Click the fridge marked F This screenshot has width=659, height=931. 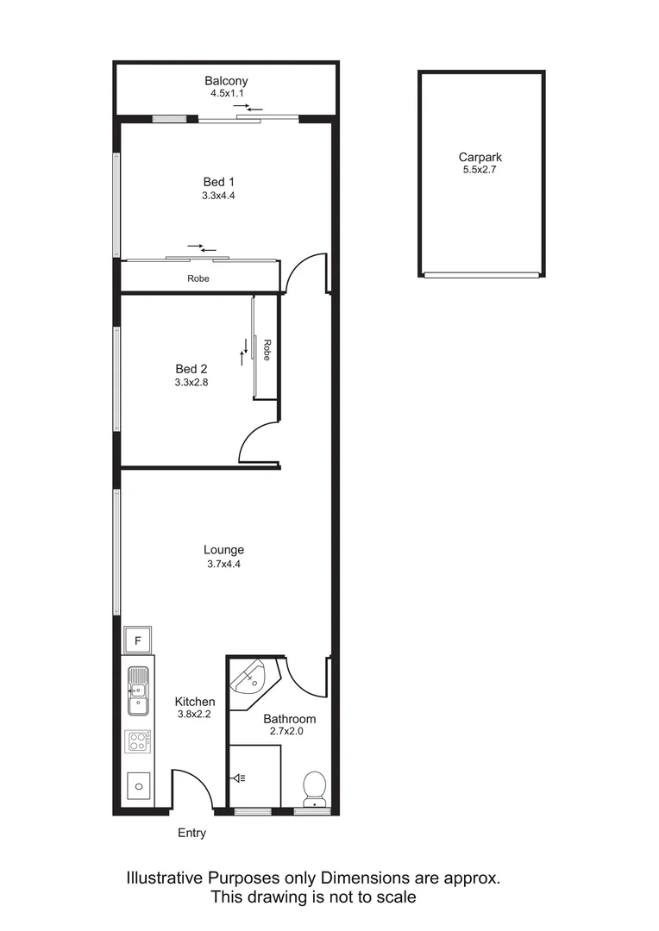pos(138,640)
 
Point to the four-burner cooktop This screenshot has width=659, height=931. pos(138,741)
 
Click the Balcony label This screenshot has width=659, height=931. pos(226,81)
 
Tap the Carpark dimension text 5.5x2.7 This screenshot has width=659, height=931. pos(480,171)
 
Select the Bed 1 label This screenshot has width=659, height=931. pos(218,182)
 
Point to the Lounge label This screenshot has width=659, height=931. pos(223,549)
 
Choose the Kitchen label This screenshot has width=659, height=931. pos(195,702)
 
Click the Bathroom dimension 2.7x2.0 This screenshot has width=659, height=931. pos(289,731)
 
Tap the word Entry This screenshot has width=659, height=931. pos(191,833)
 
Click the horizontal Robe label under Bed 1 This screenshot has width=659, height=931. pos(198,278)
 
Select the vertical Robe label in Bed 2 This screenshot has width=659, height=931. pos(267,349)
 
